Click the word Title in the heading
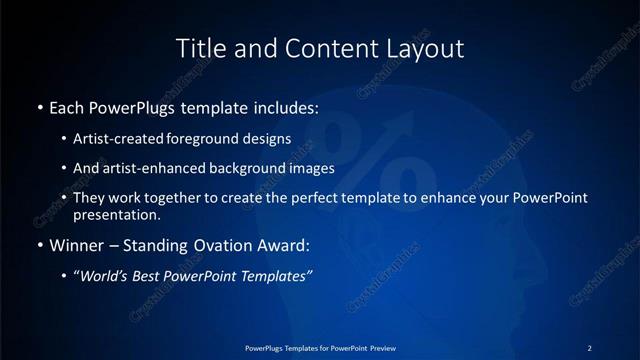click(x=199, y=48)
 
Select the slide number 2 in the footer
click(x=590, y=347)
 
